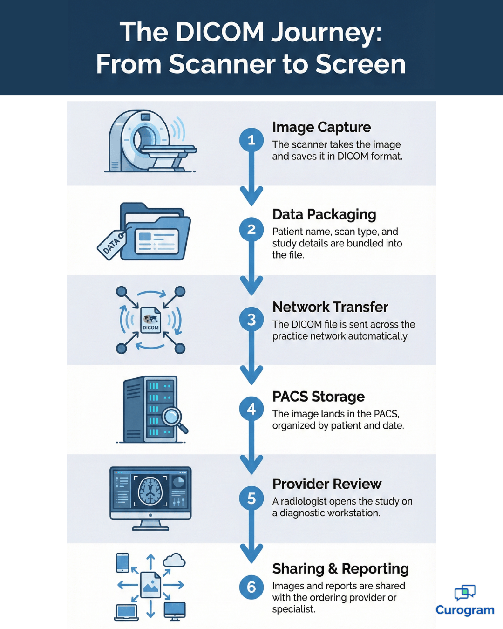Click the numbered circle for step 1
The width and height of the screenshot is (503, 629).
pyautogui.click(x=251, y=140)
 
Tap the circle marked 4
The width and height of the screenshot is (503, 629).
pyautogui.click(x=251, y=409)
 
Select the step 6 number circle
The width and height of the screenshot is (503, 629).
pyautogui.click(x=251, y=587)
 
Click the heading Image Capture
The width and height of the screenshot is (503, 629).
pyautogui.click(x=321, y=127)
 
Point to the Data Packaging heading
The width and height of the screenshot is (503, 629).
pyautogui.click(x=324, y=214)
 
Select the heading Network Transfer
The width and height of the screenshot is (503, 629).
pyautogui.click(x=330, y=307)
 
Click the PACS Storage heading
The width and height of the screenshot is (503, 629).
pyautogui.click(x=319, y=397)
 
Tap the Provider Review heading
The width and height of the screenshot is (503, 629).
pyautogui.click(x=327, y=484)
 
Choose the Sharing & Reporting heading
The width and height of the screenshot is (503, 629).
pyautogui.click(x=340, y=569)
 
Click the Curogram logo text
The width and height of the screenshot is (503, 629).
pyautogui.click(x=465, y=610)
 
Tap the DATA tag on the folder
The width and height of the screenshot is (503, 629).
pyautogui.click(x=111, y=245)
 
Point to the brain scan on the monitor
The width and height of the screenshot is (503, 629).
pyautogui.click(x=150, y=491)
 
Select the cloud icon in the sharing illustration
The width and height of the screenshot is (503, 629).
pyautogui.click(x=174, y=561)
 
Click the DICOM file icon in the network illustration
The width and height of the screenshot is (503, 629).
pyautogui.click(x=150, y=320)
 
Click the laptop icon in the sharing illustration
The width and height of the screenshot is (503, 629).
pyautogui.click(x=126, y=612)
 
